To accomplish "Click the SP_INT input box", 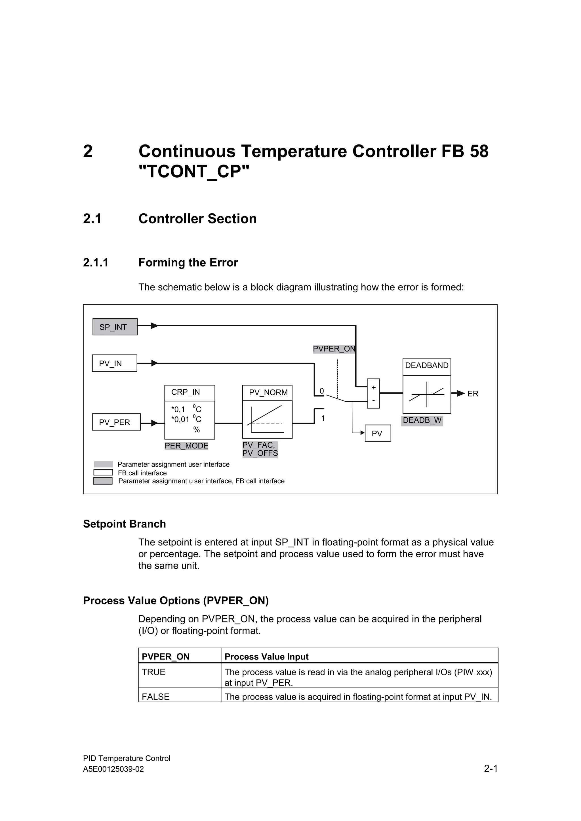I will pos(115,327).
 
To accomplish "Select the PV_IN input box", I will pos(115,363).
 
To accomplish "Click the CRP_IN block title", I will pos(186,392).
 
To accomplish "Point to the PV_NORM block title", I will pos(268,393).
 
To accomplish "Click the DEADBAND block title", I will pos(427,365).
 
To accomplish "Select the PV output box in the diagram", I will pos(377,433).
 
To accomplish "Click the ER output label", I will pos(473,394).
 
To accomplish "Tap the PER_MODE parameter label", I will pos(186,446).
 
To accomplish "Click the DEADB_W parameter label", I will pos(422,420).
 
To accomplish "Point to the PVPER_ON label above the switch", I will pos(334,349).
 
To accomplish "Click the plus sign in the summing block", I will pos(373,388).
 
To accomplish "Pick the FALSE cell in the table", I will pos(156,697).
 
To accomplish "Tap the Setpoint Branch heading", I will pos(125,524).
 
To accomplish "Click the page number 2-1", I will pos(491,768).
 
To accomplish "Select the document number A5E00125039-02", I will pos(113,769).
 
